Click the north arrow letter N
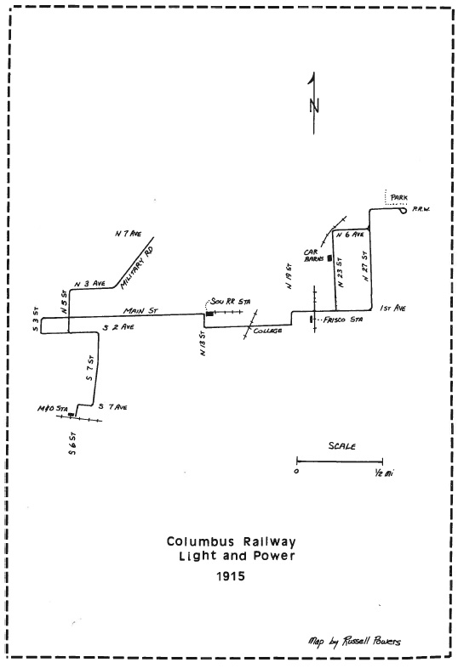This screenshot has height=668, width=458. coord(314,105)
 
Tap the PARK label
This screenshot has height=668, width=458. coord(398,197)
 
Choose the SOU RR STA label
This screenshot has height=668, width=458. coord(235,302)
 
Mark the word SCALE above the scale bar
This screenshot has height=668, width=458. coord(341,445)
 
